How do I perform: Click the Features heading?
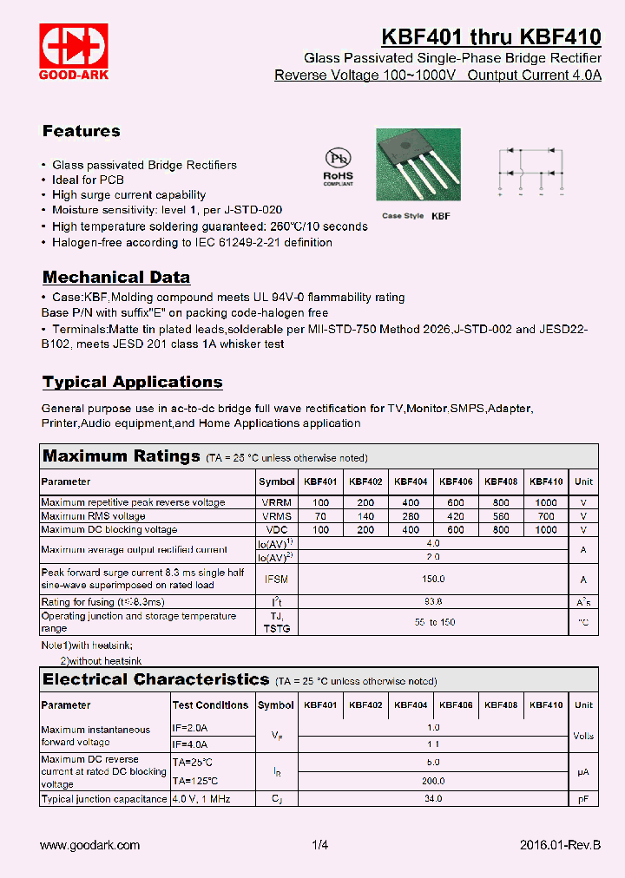82,131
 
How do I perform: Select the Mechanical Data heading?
116,278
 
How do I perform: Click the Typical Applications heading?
132,382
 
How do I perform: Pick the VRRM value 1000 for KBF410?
546,502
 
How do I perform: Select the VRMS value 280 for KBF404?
411,516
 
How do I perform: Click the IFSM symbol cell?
276,579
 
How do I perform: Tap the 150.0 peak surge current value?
434,579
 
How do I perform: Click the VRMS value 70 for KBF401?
320,516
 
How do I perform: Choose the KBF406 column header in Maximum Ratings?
456,482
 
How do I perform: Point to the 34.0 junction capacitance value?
434,799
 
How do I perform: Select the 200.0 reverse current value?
434,780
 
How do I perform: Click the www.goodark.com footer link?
90,845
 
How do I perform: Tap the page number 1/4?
320,845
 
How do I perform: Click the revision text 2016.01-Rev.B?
560,845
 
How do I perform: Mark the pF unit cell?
583,799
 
